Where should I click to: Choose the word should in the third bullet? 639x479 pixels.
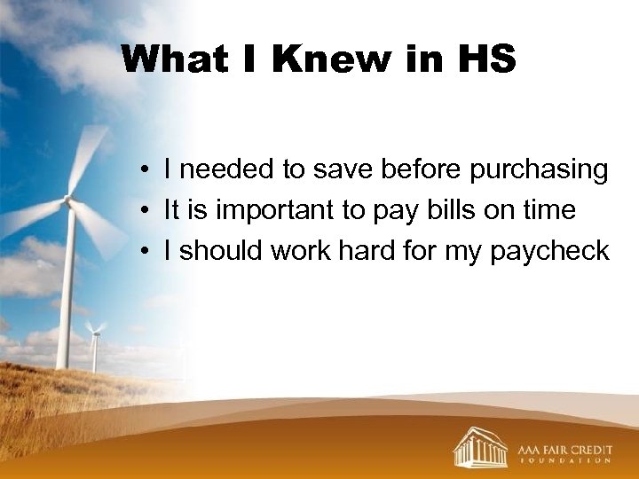click(222, 251)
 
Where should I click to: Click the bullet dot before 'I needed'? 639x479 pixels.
click(142, 170)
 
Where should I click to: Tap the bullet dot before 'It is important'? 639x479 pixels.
click(142, 211)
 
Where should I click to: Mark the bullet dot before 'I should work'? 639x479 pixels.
click(142, 252)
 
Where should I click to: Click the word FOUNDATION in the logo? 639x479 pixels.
click(564, 461)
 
